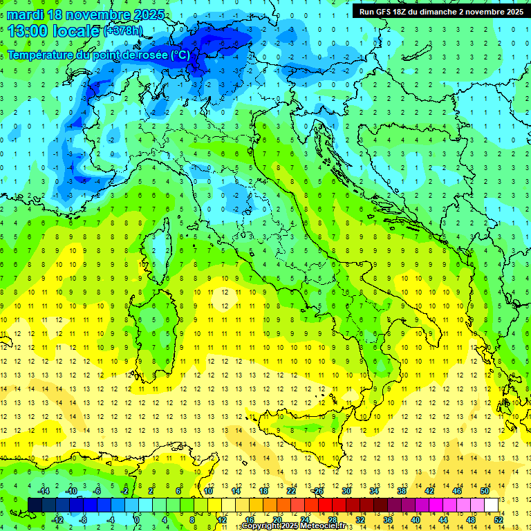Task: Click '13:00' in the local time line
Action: (x=26, y=31)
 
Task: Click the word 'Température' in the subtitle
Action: (x=41, y=55)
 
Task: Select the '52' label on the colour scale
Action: (x=499, y=520)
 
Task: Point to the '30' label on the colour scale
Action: (x=346, y=491)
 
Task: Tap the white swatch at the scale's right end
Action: (x=491, y=505)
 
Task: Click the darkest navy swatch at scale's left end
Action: (x=35, y=505)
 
